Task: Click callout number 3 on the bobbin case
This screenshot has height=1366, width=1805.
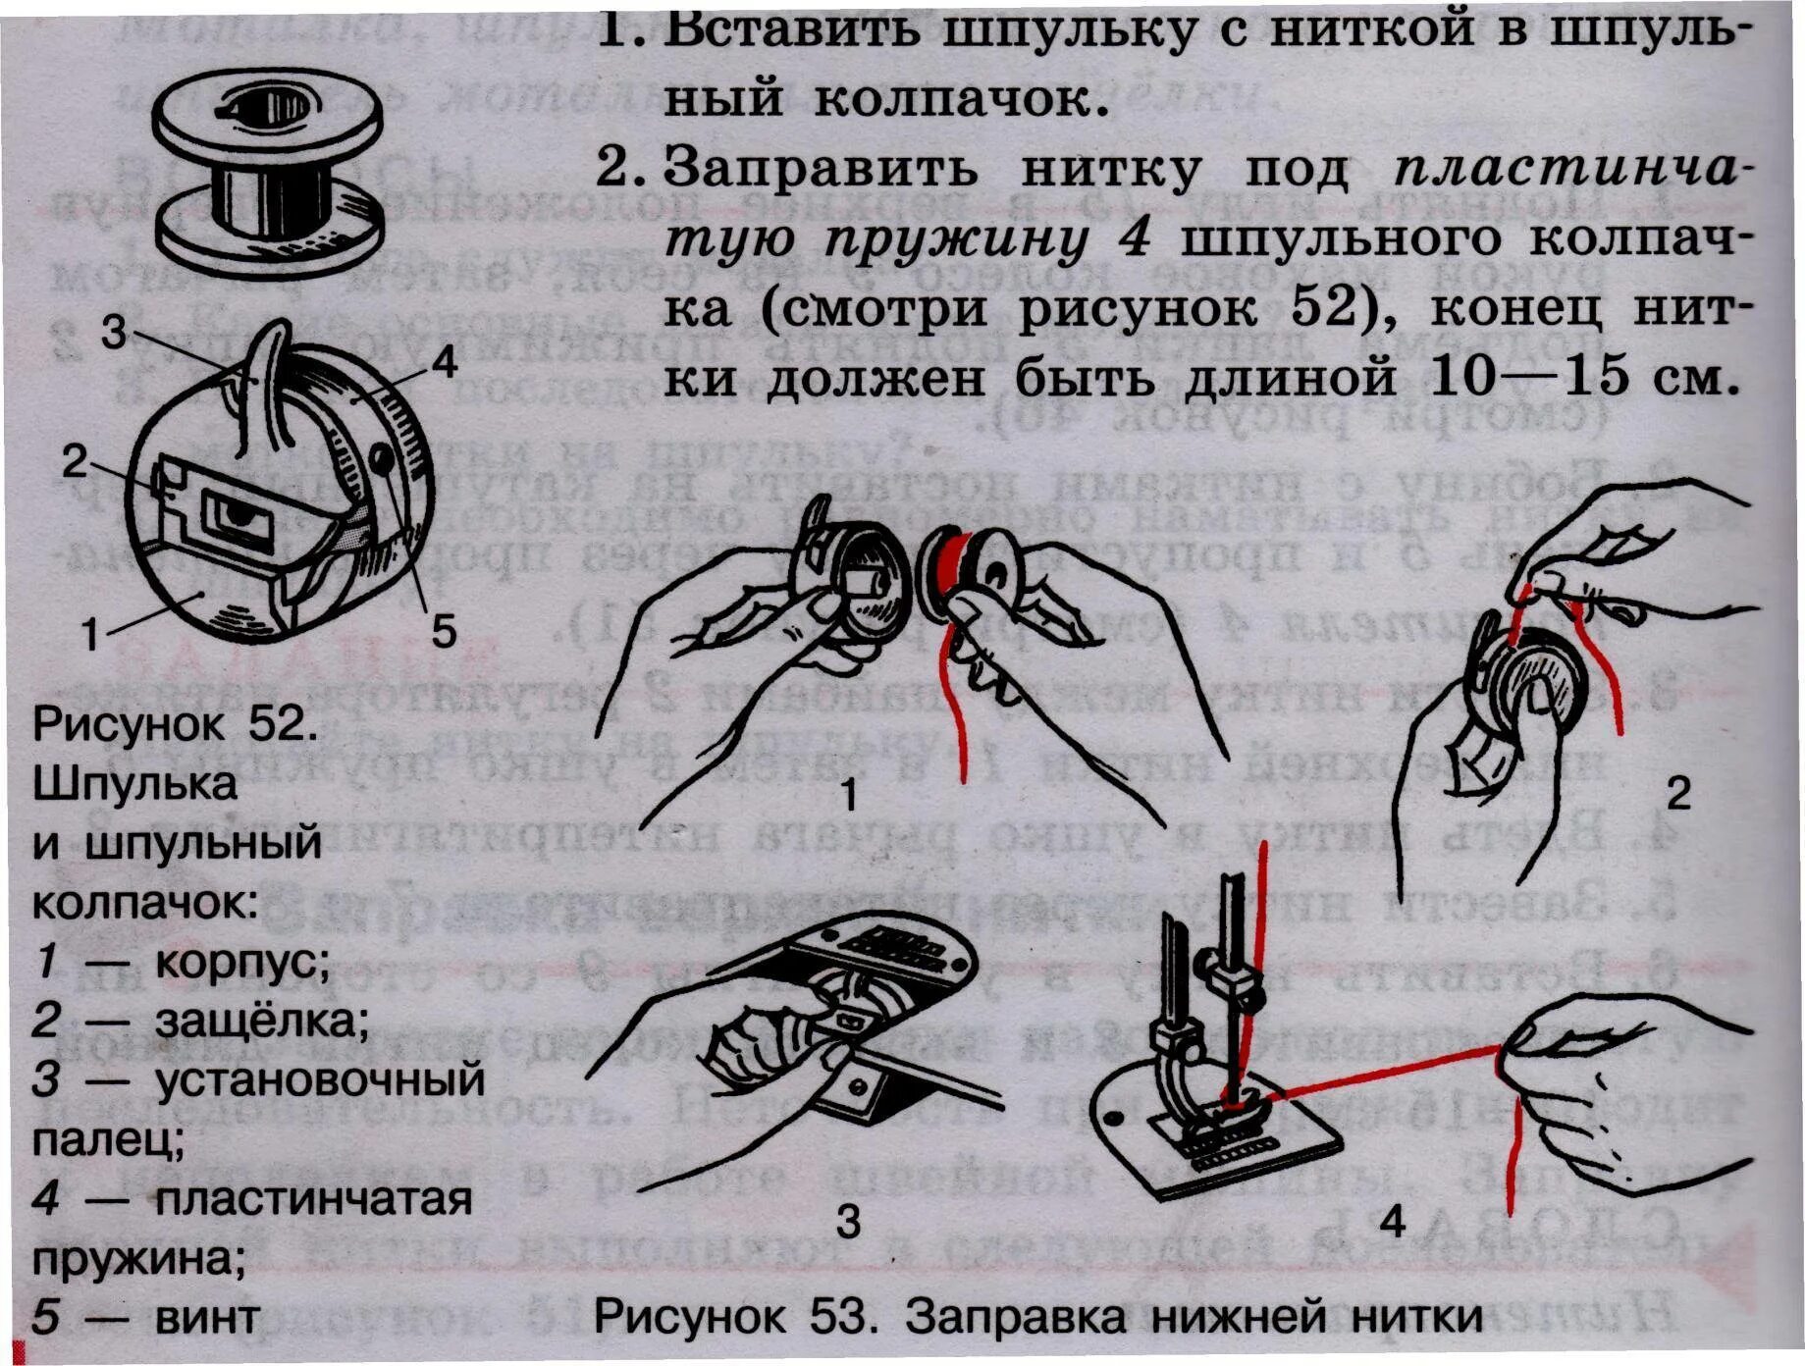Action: (114, 332)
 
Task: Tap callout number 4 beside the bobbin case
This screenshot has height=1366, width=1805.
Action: (444, 363)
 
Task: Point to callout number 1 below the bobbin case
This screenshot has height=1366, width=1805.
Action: (90, 634)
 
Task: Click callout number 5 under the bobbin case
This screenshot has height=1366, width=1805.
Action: (444, 630)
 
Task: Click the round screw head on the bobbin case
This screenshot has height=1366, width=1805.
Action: (381, 457)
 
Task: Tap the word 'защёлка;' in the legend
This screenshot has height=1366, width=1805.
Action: (261, 1021)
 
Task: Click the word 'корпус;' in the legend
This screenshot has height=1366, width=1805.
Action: (241, 962)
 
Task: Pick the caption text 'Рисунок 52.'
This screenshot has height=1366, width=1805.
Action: (175, 724)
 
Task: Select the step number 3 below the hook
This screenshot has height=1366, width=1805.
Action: (848, 1222)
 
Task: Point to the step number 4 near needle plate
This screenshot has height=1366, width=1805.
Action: (1392, 1222)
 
